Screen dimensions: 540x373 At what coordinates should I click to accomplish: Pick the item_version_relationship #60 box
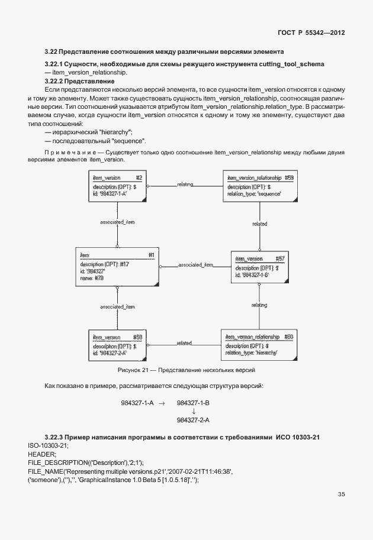pos(255,345)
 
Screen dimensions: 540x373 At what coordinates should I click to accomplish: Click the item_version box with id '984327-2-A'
pos(117,345)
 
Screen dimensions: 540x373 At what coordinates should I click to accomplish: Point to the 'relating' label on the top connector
pos(185,185)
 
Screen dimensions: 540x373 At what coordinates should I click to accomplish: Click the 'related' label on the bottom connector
pos(184,343)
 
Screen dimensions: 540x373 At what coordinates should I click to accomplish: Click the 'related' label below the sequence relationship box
pos(259,224)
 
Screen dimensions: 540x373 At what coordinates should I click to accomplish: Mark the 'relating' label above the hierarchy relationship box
pos(259,305)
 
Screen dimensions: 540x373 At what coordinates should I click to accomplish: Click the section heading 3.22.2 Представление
pos(79,80)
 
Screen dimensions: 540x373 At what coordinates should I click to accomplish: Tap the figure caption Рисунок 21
pos(186,370)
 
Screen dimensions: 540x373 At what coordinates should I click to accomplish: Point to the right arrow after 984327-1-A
pos(161,403)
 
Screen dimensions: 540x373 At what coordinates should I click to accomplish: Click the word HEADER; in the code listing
pos(42,453)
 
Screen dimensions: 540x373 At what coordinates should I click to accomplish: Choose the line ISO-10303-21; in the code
pos(49,445)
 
